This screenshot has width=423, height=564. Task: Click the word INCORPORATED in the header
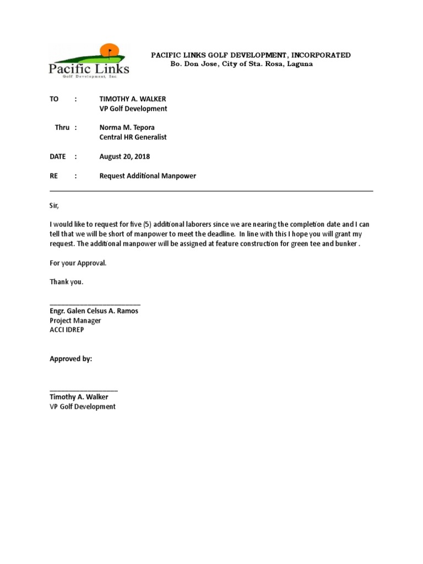pyautogui.click(x=321, y=55)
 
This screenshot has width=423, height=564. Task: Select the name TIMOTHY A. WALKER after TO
pyautogui.click(x=132, y=99)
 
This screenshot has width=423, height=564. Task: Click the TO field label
pyautogui.click(x=54, y=99)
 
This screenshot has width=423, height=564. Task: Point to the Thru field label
pyautogui.click(x=62, y=127)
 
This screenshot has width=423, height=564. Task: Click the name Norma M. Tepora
pyautogui.click(x=127, y=127)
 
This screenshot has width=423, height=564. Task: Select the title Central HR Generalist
pyautogui.click(x=133, y=137)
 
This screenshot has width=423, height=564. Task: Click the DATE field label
pyautogui.click(x=58, y=156)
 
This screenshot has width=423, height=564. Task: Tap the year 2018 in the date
pyautogui.click(x=142, y=156)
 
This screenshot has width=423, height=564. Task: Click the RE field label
pyautogui.click(x=54, y=176)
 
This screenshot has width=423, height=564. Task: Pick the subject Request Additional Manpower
pyautogui.click(x=147, y=176)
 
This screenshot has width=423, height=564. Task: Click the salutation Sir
pyautogui.click(x=53, y=205)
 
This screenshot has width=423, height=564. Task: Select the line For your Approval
pyautogui.click(x=78, y=263)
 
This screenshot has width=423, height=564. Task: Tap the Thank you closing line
pyautogui.click(x=67, y=282)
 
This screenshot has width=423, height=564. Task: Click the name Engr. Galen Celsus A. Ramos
pyautogui.click(x=94, y=311)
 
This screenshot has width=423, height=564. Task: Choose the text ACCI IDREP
pyautogui.click(x=67, y=330)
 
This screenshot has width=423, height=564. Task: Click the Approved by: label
pyautogui.click(x=71, y=359)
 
